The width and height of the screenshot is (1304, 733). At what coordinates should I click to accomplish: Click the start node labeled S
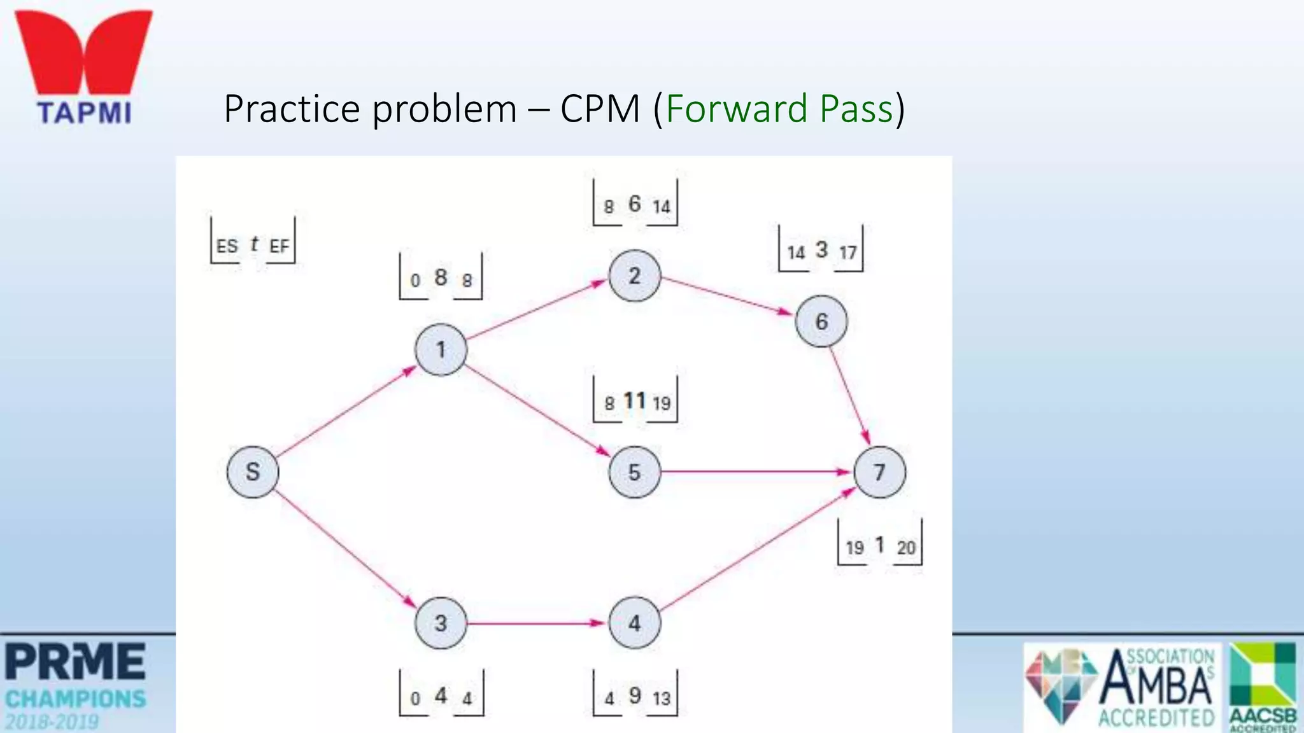point(253,471)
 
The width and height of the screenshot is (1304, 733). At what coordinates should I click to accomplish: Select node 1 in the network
point(441,349)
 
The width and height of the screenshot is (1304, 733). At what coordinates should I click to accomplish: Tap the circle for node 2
point(634,276)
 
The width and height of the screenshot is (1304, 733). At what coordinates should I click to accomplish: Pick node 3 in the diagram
point(441,623)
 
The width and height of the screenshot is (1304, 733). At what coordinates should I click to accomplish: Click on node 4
point(634,623)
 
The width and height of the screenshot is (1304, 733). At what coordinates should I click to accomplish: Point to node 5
point(634,471)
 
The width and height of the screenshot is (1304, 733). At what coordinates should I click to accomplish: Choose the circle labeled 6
point(821,321)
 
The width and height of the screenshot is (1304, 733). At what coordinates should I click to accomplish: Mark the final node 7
point(879,471)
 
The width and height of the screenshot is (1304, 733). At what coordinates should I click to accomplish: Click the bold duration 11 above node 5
point(635,401)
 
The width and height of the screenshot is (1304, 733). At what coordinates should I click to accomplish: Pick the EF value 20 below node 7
point(906,547)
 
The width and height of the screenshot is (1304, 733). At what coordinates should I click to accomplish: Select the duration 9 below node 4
point(635,695)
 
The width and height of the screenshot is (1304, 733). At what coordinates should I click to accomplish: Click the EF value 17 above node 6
point(847,253)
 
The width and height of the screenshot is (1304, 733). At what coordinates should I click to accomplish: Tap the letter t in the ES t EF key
point(254,244)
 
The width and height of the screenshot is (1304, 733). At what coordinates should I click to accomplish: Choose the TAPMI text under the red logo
point(85,113)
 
